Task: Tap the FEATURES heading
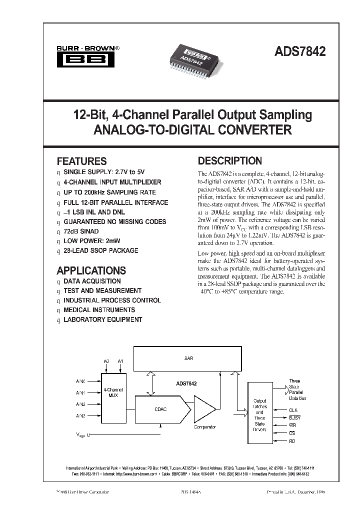[x=81, y=161]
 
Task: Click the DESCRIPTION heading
[x=230, y=161]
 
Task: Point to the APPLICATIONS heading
[x=91, y=270]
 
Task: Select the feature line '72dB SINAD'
[x=81, y=231]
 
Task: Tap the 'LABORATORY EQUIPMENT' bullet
[x=102, y=319]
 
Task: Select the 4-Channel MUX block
[x=113, y=392]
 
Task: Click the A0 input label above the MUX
[x=106, y=360]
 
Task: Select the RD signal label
[x=292, y=441]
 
